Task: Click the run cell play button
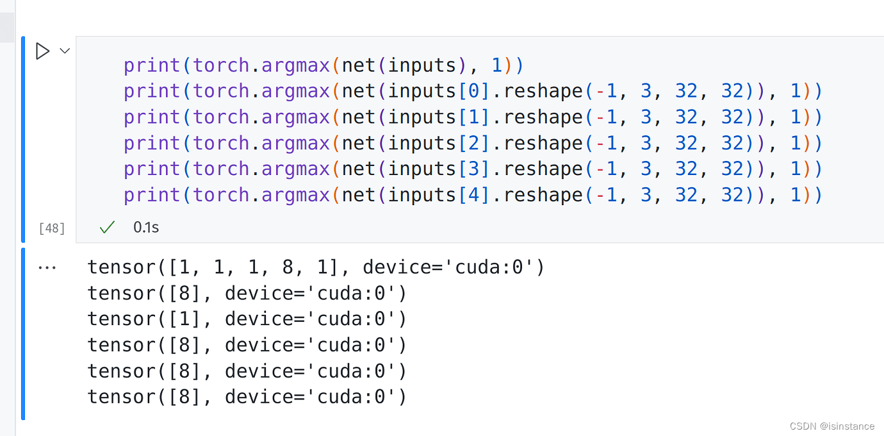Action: coord(42,51)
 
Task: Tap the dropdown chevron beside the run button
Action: coord(65,51)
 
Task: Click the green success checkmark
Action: coord(107,227)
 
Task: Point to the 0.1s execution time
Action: coord(146,227)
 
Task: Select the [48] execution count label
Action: coord(52,228)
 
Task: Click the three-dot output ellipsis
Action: coord(47,267)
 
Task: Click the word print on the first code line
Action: coord(152,65)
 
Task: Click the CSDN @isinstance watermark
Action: coord(831,426)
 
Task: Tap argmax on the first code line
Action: coord(295,65)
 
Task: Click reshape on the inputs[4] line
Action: coord(543,195)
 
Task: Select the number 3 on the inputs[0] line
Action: coord(646,91)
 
